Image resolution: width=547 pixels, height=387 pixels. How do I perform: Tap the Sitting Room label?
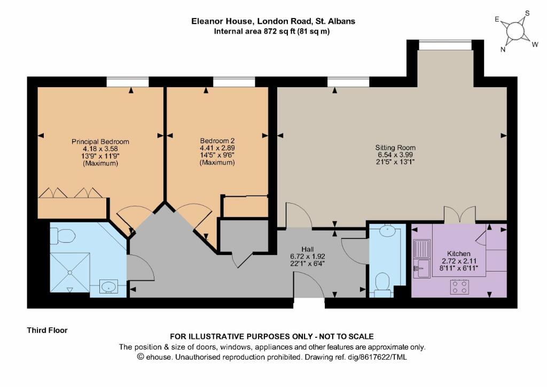click(396, 155)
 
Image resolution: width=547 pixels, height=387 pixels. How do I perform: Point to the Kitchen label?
click(458, 260)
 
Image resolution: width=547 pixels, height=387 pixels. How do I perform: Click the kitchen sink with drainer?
click(423, 259)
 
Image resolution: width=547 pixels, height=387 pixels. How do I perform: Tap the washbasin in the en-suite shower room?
click(109, 288)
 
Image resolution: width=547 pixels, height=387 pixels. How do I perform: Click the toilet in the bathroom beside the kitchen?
click(382, 283)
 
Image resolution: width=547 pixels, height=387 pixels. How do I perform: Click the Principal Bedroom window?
click(127, 81)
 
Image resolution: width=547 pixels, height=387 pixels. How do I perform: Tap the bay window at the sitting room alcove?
click(445, 45)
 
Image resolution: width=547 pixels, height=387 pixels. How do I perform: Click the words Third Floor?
click(48, 330)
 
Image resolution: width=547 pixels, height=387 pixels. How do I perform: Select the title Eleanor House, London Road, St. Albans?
click(273, 21)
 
